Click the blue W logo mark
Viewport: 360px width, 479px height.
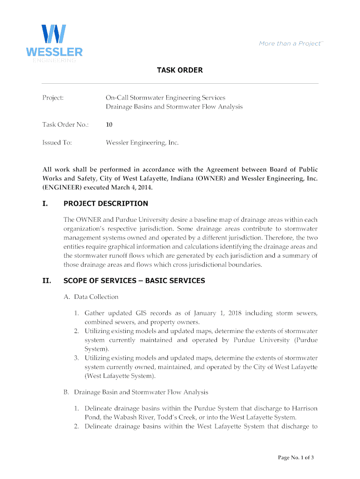(54, 34)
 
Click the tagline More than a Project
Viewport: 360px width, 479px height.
(290, 44)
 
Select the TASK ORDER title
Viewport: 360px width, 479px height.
(180, 70)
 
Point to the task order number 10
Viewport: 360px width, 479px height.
(109, 124)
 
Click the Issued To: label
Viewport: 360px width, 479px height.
(57, 142)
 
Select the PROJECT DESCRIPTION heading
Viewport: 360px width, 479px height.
(106, 203)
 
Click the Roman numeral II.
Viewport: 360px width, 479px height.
(46, 281)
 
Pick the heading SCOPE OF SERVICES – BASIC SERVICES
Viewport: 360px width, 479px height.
(134, 281)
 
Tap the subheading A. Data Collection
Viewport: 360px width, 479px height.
(91, 297)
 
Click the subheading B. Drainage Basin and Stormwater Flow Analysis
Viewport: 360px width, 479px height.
(136, 392)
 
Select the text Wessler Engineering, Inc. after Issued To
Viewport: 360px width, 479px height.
(142, 142)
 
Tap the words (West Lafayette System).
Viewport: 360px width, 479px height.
(120, 376)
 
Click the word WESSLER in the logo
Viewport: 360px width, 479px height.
(54, 51)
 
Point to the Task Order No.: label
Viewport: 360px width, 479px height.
(65, 124)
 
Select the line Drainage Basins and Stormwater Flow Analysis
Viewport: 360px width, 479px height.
(174, 107)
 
